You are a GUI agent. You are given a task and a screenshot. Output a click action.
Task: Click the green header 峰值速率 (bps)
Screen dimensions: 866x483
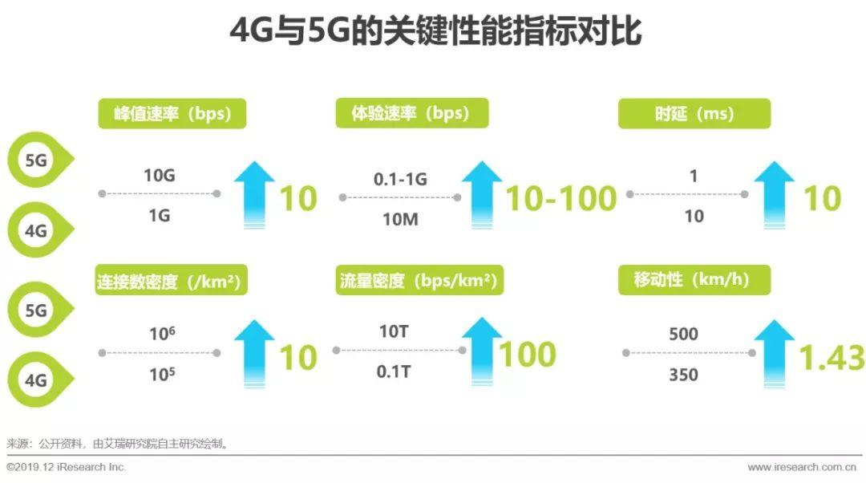click(172, 113)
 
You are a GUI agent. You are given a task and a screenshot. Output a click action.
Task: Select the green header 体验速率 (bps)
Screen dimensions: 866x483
click(412, 113)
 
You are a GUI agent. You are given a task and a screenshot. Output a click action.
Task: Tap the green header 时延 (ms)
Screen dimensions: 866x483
click(694, 113)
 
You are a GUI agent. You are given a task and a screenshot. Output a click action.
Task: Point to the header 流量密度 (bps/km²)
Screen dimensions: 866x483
click(419, 280)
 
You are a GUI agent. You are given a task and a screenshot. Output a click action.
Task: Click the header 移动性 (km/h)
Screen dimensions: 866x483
click(694, 280)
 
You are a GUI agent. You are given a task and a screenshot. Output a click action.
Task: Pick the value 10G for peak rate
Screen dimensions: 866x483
click(160, 176)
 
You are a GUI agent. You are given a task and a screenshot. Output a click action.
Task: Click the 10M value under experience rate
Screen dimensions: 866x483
click(400, 219)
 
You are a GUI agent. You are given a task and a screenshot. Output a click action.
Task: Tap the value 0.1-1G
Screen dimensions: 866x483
click(400, 179)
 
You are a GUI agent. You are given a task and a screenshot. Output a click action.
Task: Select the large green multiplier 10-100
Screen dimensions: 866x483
click(561, 198)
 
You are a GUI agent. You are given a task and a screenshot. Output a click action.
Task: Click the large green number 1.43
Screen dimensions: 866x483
click(832, 358)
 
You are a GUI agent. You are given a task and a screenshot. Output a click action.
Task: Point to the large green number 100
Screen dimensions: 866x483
click(528, 355)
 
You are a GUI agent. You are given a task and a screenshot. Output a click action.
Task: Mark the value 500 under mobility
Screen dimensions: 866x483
click(684, 334)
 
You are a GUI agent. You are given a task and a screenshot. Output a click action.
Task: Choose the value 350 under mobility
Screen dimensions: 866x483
click(684, 375)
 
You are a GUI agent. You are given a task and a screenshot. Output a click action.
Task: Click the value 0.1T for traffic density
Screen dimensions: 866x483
click(394, 371)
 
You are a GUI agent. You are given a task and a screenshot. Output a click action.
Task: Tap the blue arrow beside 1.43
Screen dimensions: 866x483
click(775, 354)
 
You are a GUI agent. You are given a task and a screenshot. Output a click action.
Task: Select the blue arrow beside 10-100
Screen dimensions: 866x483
click(482, 194)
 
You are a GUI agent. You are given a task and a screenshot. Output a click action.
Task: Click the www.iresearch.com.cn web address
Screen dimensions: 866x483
click(802, 467)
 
